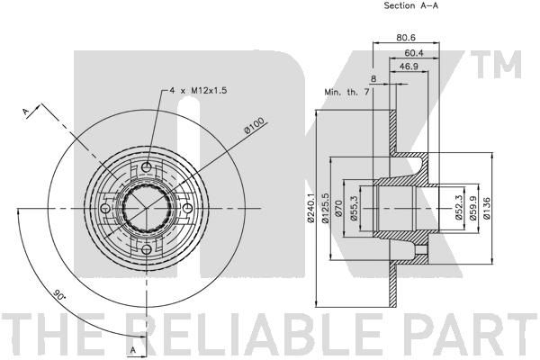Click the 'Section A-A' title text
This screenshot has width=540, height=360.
coord(411,5)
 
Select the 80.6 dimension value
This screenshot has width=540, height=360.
coord(406,37)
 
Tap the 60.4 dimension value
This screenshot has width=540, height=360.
coord(414,53)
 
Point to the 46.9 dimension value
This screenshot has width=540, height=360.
coord(408,66)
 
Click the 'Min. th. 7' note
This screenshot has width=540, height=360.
coord(346,92)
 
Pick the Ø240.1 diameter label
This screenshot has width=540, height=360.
coord(311,208)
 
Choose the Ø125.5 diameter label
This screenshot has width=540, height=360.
coord(326,208)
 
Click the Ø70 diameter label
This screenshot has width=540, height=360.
coord(337,209)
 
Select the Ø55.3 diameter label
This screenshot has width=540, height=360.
coord(353,208)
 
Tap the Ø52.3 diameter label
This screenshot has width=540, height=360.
coord(458,208)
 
